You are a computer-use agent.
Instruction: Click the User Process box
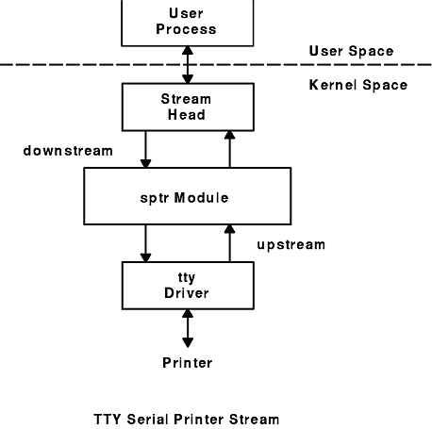188,23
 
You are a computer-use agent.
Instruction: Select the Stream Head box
188,107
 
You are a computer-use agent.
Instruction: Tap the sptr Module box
188,196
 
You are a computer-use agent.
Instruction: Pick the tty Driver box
188,286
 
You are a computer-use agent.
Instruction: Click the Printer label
188,363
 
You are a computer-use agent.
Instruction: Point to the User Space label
351,51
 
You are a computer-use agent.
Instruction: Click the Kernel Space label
358,85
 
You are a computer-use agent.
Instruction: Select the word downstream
68,151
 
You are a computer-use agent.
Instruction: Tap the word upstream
291,245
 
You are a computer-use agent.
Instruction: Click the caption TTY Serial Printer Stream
187,420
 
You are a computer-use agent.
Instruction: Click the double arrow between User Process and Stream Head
188,65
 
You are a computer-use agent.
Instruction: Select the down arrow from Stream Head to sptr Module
145,149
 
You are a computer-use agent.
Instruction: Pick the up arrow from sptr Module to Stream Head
230,149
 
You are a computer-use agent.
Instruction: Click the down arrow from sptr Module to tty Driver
145,243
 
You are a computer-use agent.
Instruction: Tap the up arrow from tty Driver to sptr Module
230,243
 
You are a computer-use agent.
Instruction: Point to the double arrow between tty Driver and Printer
188,328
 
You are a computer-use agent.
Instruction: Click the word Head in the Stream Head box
187,115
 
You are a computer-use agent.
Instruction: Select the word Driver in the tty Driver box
187,293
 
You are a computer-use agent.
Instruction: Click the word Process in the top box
186,29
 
